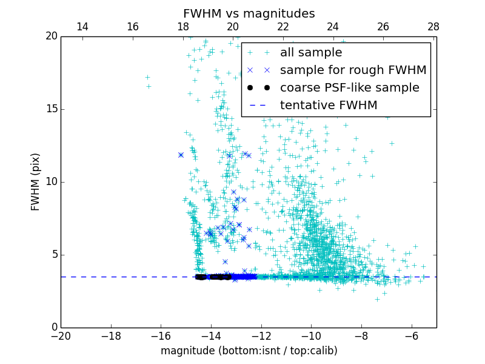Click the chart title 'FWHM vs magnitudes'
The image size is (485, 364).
[249, 13]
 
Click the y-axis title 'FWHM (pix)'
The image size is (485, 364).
[36, 182]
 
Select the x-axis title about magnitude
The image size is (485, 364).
[249, 351]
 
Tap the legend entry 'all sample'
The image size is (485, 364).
[311, 53]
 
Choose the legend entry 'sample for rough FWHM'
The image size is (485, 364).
[353, 70]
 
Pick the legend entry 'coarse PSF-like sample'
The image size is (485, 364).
[349, 88]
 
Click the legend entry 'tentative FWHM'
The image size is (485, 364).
[329, 106]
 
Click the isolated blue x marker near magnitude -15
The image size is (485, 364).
[181, 155]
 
